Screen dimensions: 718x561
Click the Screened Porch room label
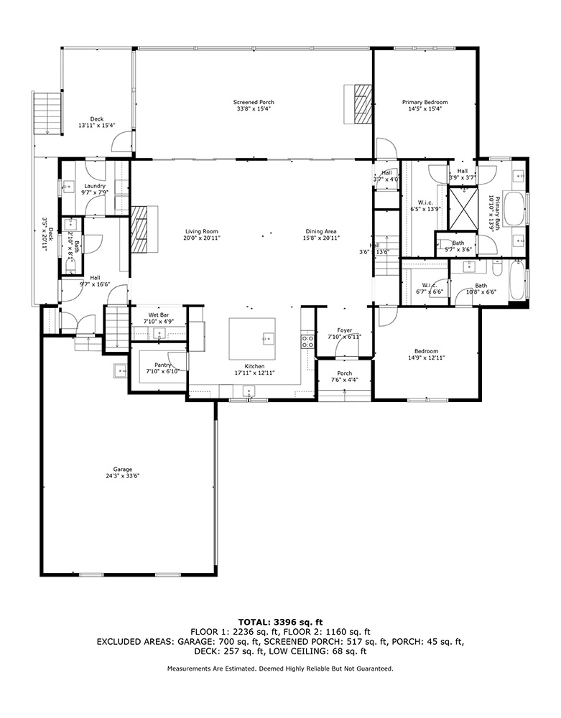click(254, 102)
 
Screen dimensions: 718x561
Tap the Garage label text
click(122, 469)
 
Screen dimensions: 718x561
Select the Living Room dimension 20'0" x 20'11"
click(201, 238)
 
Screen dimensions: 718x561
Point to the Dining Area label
click(321, 231)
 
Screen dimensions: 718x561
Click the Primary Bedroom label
click(425, 102)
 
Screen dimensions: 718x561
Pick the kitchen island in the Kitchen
click(253, 339)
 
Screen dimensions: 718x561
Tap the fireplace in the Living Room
click(143, 229)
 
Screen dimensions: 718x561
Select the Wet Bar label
click(158, 315)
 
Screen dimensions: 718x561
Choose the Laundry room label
click(95, 186)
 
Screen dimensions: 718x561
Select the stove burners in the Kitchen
click(307, 340)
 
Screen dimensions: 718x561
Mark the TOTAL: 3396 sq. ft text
click(280, 622)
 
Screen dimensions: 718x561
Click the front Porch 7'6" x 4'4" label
click(345, 373)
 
